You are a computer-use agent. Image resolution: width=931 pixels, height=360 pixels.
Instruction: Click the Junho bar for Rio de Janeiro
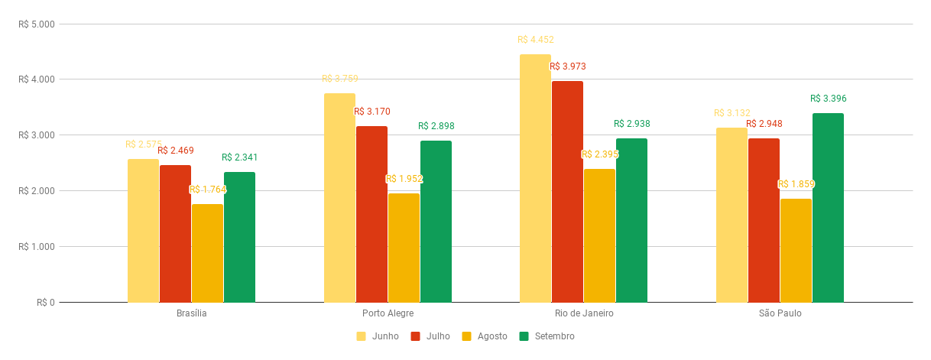(x=535, y=178)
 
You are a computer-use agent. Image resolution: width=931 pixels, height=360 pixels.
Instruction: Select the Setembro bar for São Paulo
(x=828, y=208)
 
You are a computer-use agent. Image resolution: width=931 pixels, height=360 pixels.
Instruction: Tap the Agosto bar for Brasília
(x=207, y=253)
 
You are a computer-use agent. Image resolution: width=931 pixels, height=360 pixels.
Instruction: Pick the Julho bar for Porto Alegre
(x=371, y=214)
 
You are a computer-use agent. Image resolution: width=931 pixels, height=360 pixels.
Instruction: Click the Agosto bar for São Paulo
(x=796, y=251)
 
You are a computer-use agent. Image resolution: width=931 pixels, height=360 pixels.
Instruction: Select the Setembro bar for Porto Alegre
(x=436, y=222)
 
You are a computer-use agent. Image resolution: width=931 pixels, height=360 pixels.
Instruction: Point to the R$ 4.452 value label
(x=535, y=40)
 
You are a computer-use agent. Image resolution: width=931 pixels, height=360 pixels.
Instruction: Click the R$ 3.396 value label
(x=829, y=99)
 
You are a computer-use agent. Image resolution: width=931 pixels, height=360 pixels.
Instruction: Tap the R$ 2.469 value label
(x=176, y=151)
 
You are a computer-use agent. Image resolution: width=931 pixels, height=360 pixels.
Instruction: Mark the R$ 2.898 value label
(x=436, y=126)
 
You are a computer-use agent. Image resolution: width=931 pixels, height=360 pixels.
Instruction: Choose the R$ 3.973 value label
(x=568, y=66)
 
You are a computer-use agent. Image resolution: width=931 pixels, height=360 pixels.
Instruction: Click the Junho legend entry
(x=378, y=336)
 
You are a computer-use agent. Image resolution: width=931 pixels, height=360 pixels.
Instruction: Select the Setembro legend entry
(x=547, y=336)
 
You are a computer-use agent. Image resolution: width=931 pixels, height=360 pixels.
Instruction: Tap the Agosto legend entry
(x=485, y=336)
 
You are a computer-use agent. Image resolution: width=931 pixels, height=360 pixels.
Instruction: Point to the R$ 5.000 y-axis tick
(x=37, y=24)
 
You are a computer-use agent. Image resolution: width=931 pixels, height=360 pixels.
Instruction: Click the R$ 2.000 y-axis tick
(x=37, y=191)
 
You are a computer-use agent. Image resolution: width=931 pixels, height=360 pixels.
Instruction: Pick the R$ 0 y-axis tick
(x=46, y=303)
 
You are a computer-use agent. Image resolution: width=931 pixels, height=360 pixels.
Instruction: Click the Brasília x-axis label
(x=191, y=313)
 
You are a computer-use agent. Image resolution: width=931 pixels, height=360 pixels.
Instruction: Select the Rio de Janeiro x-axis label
(x=584, y=313)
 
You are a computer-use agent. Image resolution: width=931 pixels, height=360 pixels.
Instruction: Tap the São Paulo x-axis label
(x=780, y=313)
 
